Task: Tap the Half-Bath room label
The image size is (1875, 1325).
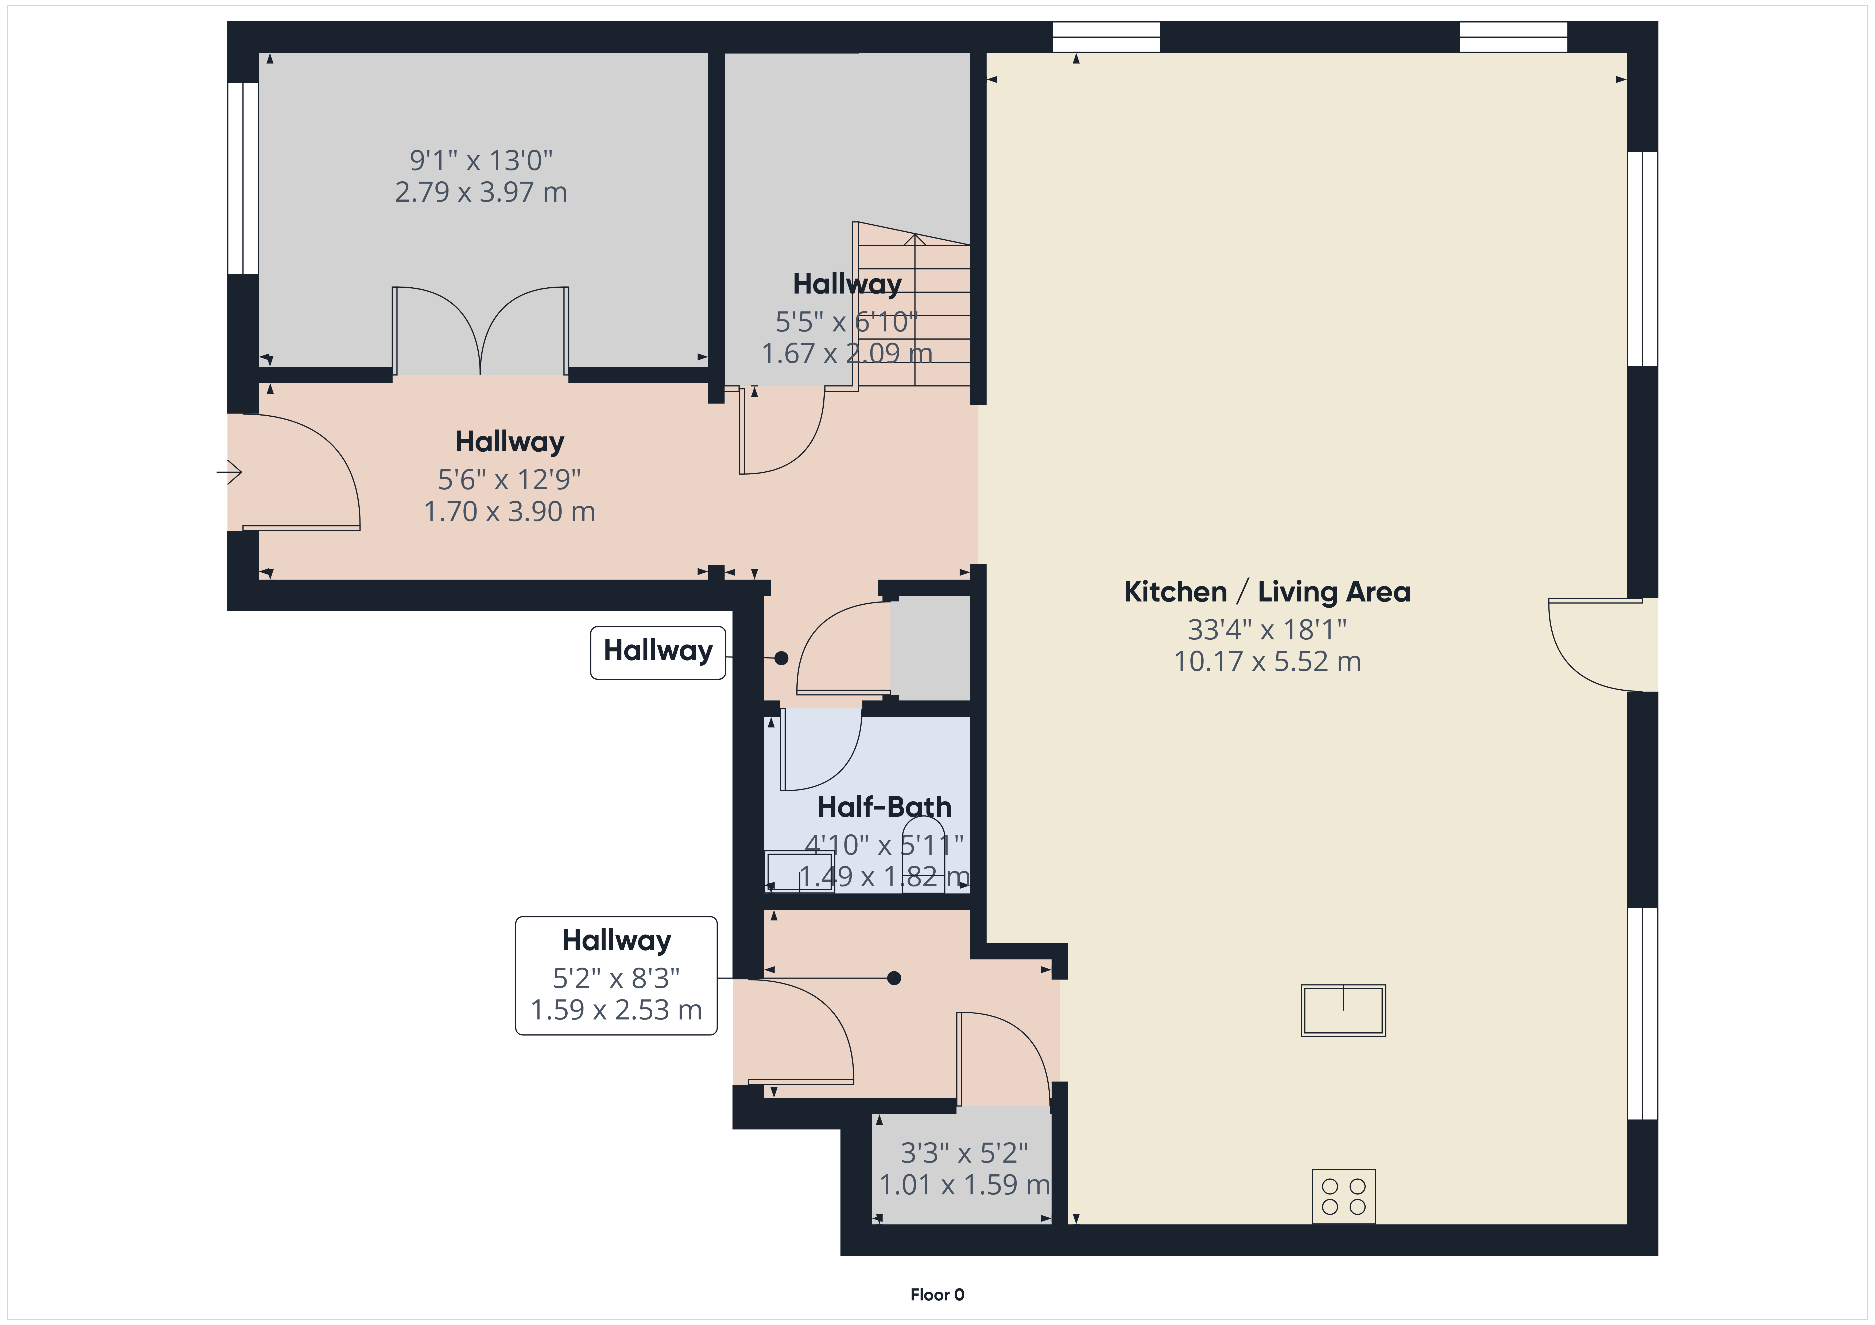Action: (884, 807)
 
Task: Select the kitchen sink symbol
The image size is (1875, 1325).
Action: (1343, 1011)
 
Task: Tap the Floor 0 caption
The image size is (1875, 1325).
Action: (937, 1295)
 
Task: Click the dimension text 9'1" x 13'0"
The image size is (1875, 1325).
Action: (481, 160)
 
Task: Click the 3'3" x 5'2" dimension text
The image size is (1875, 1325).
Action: (964, 1153)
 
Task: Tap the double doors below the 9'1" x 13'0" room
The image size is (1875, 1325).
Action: (480, 331)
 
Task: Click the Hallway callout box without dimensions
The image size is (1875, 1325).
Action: (658, 652)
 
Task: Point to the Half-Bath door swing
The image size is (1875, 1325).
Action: (821, 749)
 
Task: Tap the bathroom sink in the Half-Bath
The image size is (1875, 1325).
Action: (800, 871)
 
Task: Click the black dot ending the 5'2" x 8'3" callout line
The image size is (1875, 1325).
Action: (894, 978)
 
